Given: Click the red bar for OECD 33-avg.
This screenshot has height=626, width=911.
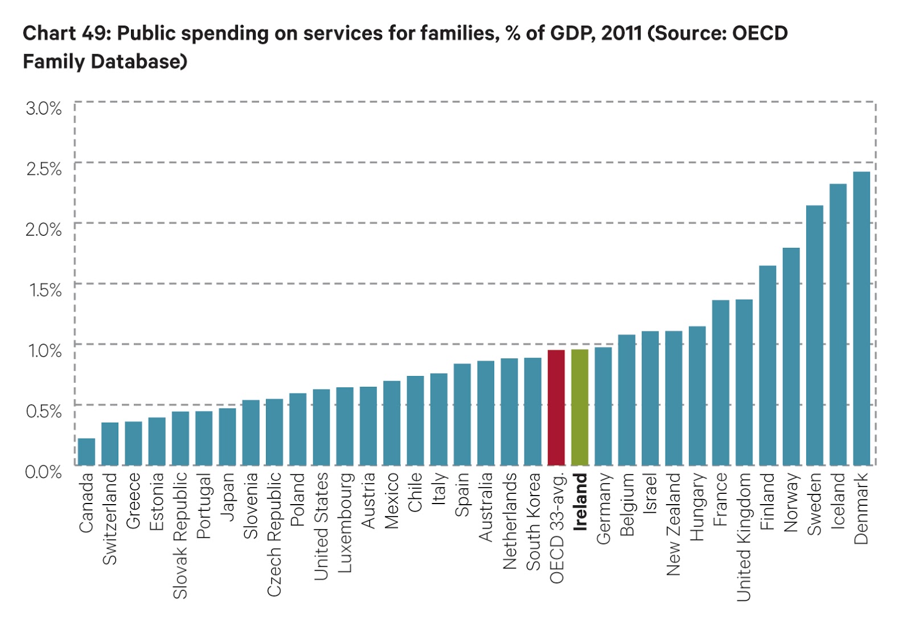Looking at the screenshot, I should (556, 408).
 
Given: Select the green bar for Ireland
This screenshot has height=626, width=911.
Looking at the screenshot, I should (580, 407).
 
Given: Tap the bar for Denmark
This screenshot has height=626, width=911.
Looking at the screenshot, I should (861, 319).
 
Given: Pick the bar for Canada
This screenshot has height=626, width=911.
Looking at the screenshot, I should (87, 452).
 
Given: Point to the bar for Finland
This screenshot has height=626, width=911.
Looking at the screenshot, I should (768, 366).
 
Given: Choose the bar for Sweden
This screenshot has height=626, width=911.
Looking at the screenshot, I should (815, 335).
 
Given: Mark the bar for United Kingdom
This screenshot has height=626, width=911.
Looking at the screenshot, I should (744, 383).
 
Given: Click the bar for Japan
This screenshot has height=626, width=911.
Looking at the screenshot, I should (227, 437).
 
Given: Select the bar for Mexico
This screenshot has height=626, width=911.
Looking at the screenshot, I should (392, 423).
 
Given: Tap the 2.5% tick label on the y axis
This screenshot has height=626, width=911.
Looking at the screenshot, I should (44, 169).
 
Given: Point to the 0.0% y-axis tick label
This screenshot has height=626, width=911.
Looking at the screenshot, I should (43, 472).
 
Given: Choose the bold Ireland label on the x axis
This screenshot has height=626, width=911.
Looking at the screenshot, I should (580, 502).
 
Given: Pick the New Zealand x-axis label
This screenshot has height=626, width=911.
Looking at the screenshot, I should (674, 524).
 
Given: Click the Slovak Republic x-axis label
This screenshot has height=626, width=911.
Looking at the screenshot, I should (180, 535).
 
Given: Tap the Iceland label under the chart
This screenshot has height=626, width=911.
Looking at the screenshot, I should (838, 501).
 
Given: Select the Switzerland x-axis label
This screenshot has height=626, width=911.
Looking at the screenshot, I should (109, 519).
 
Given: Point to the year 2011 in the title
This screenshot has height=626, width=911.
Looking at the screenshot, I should (622, 33).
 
